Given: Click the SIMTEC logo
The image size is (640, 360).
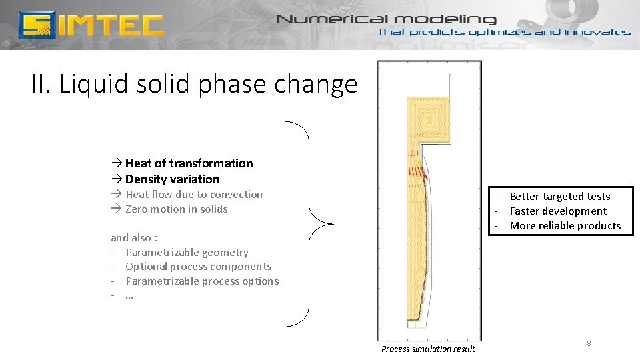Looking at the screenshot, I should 91,25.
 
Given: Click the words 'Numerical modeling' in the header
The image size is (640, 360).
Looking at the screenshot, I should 387,19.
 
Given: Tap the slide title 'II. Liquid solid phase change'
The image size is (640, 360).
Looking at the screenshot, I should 194,85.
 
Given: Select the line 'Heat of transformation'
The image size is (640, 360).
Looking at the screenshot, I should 189,163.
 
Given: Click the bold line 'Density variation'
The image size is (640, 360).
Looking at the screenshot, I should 172,179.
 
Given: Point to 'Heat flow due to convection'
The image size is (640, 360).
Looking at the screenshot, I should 193,195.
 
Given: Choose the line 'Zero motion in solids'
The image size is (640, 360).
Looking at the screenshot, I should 176,209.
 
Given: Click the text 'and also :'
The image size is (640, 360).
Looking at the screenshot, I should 134,238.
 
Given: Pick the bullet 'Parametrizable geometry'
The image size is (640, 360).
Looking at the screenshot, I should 187,253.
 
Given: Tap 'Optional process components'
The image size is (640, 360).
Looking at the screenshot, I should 198,267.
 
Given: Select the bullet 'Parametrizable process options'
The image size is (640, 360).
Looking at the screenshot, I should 202,281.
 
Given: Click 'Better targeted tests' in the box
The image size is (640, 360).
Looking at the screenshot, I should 559,197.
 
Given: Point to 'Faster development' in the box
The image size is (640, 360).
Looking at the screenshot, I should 558,211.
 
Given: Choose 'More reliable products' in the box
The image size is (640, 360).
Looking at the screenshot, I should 565,226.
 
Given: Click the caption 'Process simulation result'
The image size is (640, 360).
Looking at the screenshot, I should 428,349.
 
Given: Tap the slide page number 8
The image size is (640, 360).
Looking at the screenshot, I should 589,343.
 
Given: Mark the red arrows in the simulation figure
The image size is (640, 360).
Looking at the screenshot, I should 416,172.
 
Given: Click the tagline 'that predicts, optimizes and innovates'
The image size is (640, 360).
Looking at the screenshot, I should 504,33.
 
